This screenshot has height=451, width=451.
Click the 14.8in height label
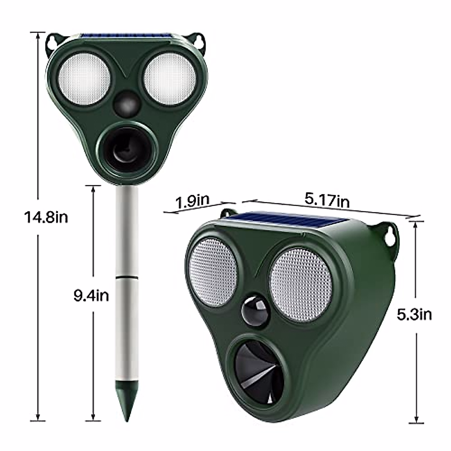pyautogui.click(x=46, y=217)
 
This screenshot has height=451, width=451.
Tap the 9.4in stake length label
pyautogui.click(x=91, y=295)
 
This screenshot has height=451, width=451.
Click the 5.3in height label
pyautogui.click(x=414, y=314)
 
